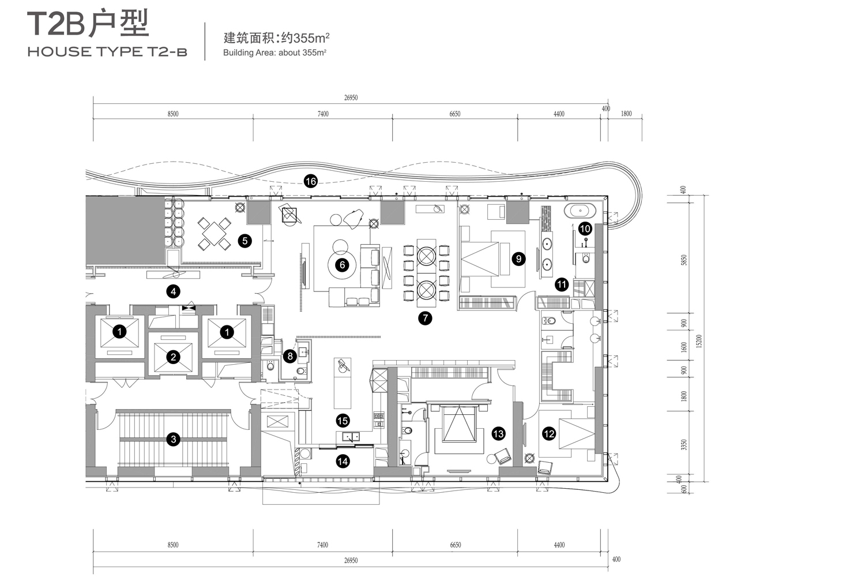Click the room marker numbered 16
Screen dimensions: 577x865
click(310, 182)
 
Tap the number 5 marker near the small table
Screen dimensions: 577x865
click(245, 241)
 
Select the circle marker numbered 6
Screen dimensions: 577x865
click(343, 265)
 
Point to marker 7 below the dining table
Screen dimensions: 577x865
click(424, 317)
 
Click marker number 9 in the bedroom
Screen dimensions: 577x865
click(518, 259)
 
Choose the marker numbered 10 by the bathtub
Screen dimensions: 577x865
click(585, 228)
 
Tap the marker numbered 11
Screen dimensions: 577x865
click(562, 284)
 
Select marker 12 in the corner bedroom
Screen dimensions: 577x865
click(549, 433)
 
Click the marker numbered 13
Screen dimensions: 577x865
click(498, 433)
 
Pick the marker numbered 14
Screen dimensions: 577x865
click(343, 461)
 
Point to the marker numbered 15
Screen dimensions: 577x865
click(343, 421)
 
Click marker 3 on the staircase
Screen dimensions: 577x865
click(172, 440)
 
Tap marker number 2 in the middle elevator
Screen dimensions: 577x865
click(173, 357)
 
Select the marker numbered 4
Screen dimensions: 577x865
click(173, 291)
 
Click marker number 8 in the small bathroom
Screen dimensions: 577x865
click(291, 357)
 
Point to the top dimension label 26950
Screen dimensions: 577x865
click(351, 98)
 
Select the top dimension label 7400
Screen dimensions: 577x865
click(323, 114)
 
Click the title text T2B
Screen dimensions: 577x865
click(57, 25)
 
